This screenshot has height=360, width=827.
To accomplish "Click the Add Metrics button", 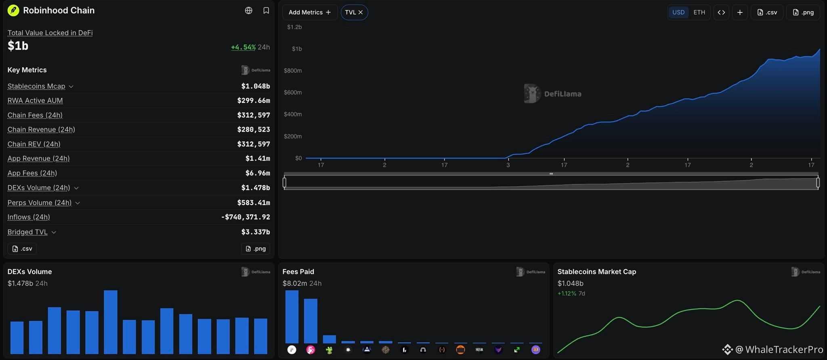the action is (310, 13).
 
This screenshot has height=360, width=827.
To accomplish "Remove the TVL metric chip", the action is (361, 13).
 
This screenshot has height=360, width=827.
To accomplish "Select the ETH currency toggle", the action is (699, 13).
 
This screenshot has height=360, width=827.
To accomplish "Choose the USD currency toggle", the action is (678, 13).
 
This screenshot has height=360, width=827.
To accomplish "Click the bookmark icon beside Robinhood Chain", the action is (266, 10).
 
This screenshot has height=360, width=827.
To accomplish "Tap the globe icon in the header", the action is (249, 10).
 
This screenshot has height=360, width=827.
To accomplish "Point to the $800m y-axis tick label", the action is (293, 71).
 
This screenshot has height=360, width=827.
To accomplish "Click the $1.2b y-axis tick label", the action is (294, 27).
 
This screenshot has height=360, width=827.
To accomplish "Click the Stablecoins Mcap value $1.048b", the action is (256, 86).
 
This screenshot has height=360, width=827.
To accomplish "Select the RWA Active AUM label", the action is (35, 100).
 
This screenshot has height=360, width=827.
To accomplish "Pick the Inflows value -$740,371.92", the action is (246, 217).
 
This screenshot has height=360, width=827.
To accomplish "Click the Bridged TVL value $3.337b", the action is (256, 232).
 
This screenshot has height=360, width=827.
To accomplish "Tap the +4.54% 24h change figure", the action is (243, 47).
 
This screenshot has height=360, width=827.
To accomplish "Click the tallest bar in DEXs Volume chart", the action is (111, 322).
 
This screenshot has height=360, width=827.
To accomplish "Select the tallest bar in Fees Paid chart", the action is (292, 317).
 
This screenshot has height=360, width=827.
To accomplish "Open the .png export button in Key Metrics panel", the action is (256, 249).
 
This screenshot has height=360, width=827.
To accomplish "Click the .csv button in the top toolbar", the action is (767, 13).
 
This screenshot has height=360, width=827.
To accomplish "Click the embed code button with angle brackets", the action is (721, 13).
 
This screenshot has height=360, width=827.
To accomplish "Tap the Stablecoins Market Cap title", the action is (597, 272).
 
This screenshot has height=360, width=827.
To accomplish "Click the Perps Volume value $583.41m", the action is (254, 203).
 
